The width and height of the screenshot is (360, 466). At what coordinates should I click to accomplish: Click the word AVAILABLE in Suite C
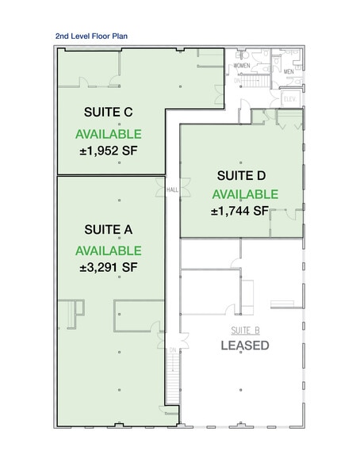pyautogui.click(x=109, y=133)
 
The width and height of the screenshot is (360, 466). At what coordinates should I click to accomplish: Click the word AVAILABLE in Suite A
pyautogui.click(x=109, y=250)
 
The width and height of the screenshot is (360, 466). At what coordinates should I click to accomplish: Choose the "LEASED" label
pyautogui.click(x=244, y=346)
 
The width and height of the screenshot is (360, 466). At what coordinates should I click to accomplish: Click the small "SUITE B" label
pyautogui.click(x=245, y=329)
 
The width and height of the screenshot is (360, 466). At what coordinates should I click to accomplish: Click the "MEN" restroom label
pyautogui.click(x=289, y=70)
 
